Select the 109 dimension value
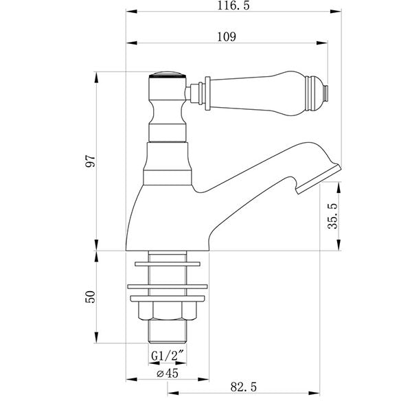tap(227, 37)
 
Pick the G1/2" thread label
tap(168, 356)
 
